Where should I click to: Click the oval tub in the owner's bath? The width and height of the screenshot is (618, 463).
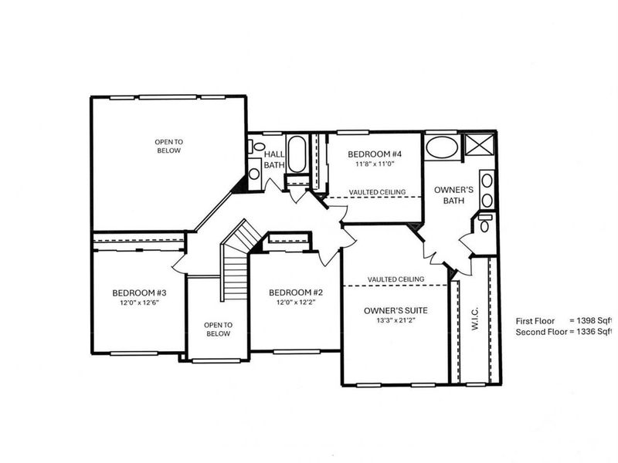coord(442,147)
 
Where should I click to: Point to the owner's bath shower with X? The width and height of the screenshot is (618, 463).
coord(480,144)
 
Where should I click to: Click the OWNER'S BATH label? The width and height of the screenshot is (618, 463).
coord(447,194)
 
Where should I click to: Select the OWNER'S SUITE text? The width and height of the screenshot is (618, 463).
coord(396,310)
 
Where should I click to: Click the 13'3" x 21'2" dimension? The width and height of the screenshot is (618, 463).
coord(396,321)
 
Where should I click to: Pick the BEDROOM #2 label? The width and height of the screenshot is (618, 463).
coord(295,292)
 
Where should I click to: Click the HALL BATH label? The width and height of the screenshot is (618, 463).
coord(275,159)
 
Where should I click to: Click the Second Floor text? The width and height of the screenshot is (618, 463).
coord(540,331)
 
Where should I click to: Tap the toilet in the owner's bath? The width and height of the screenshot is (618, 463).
coord(484,225)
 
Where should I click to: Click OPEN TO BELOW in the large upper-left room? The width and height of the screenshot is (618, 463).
coord(168,146)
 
